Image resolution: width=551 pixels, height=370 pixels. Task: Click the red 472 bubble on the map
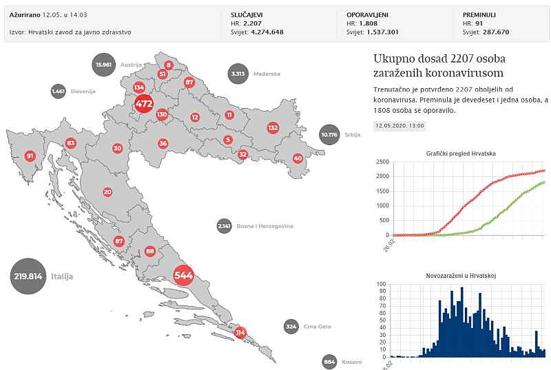[x=143, y=105]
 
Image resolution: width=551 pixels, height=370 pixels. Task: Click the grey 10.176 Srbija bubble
[x=330, y=135]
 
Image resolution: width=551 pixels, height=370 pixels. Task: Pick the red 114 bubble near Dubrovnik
[x=240, y=332]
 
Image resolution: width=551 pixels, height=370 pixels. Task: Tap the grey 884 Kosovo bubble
[x=329, y=362]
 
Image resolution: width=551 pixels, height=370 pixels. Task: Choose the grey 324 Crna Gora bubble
[x=291, y=326]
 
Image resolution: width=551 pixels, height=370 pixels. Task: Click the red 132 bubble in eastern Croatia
[x=273, y=128]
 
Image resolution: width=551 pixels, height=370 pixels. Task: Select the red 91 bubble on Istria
[x=30, y=156]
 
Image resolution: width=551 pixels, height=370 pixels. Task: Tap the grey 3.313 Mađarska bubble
[x=238, y=74]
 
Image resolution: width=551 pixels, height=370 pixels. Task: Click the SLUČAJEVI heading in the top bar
[x=247, y=14]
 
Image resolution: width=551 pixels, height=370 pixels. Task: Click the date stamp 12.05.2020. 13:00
[x=399, y=126]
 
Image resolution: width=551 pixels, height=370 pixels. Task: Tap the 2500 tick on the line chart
[x=382, y=162]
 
